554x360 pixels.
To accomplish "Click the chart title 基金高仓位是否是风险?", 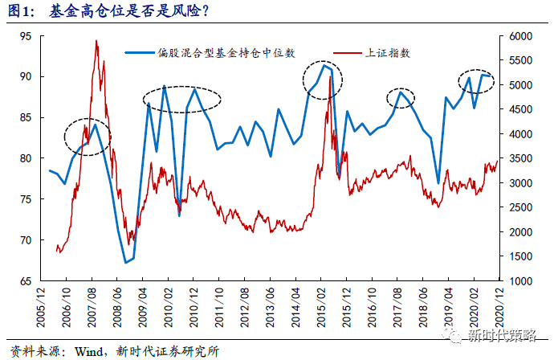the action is [129, 11].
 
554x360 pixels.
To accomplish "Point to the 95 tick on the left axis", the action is [26, 36].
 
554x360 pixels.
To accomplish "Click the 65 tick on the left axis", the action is [26, 281].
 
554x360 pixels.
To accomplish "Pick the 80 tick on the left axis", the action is [26, 158].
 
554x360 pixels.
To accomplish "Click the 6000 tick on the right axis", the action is [520, 36].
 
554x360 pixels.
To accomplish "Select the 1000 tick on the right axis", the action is [520, 281].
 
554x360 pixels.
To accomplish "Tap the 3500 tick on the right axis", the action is [520, 158].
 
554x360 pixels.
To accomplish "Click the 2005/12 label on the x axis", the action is [41, 307].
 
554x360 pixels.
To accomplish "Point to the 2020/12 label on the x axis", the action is [499, 307].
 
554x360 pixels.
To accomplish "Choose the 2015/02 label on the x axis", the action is [321, 307].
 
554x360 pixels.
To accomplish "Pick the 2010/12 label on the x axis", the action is [193, 307].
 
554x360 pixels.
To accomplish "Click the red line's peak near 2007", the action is [96, 41].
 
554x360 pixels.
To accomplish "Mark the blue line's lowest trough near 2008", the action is [125, 263].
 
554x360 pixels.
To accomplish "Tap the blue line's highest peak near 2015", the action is [324, 65].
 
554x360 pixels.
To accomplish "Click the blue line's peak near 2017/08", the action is [401, 92].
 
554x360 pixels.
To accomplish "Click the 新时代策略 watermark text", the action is [502, 334].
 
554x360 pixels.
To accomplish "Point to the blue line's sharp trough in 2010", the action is [180, 215].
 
